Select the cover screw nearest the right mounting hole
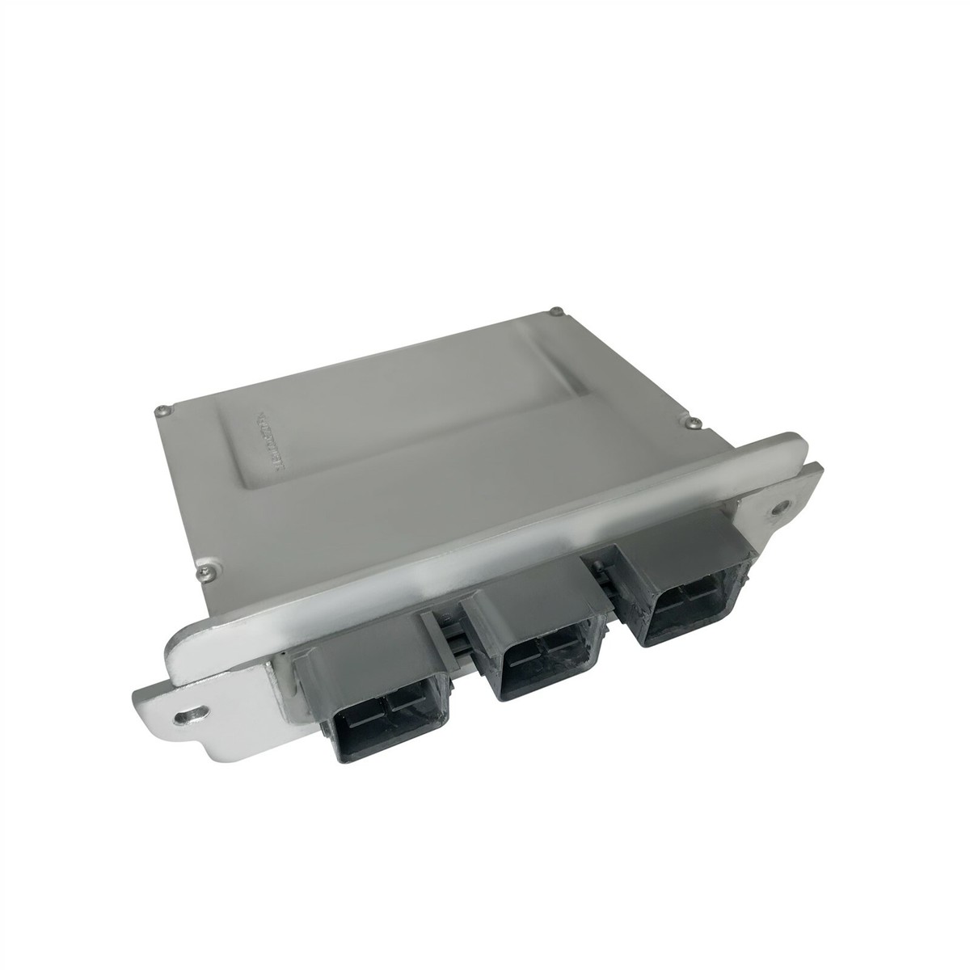click(692, 421)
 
